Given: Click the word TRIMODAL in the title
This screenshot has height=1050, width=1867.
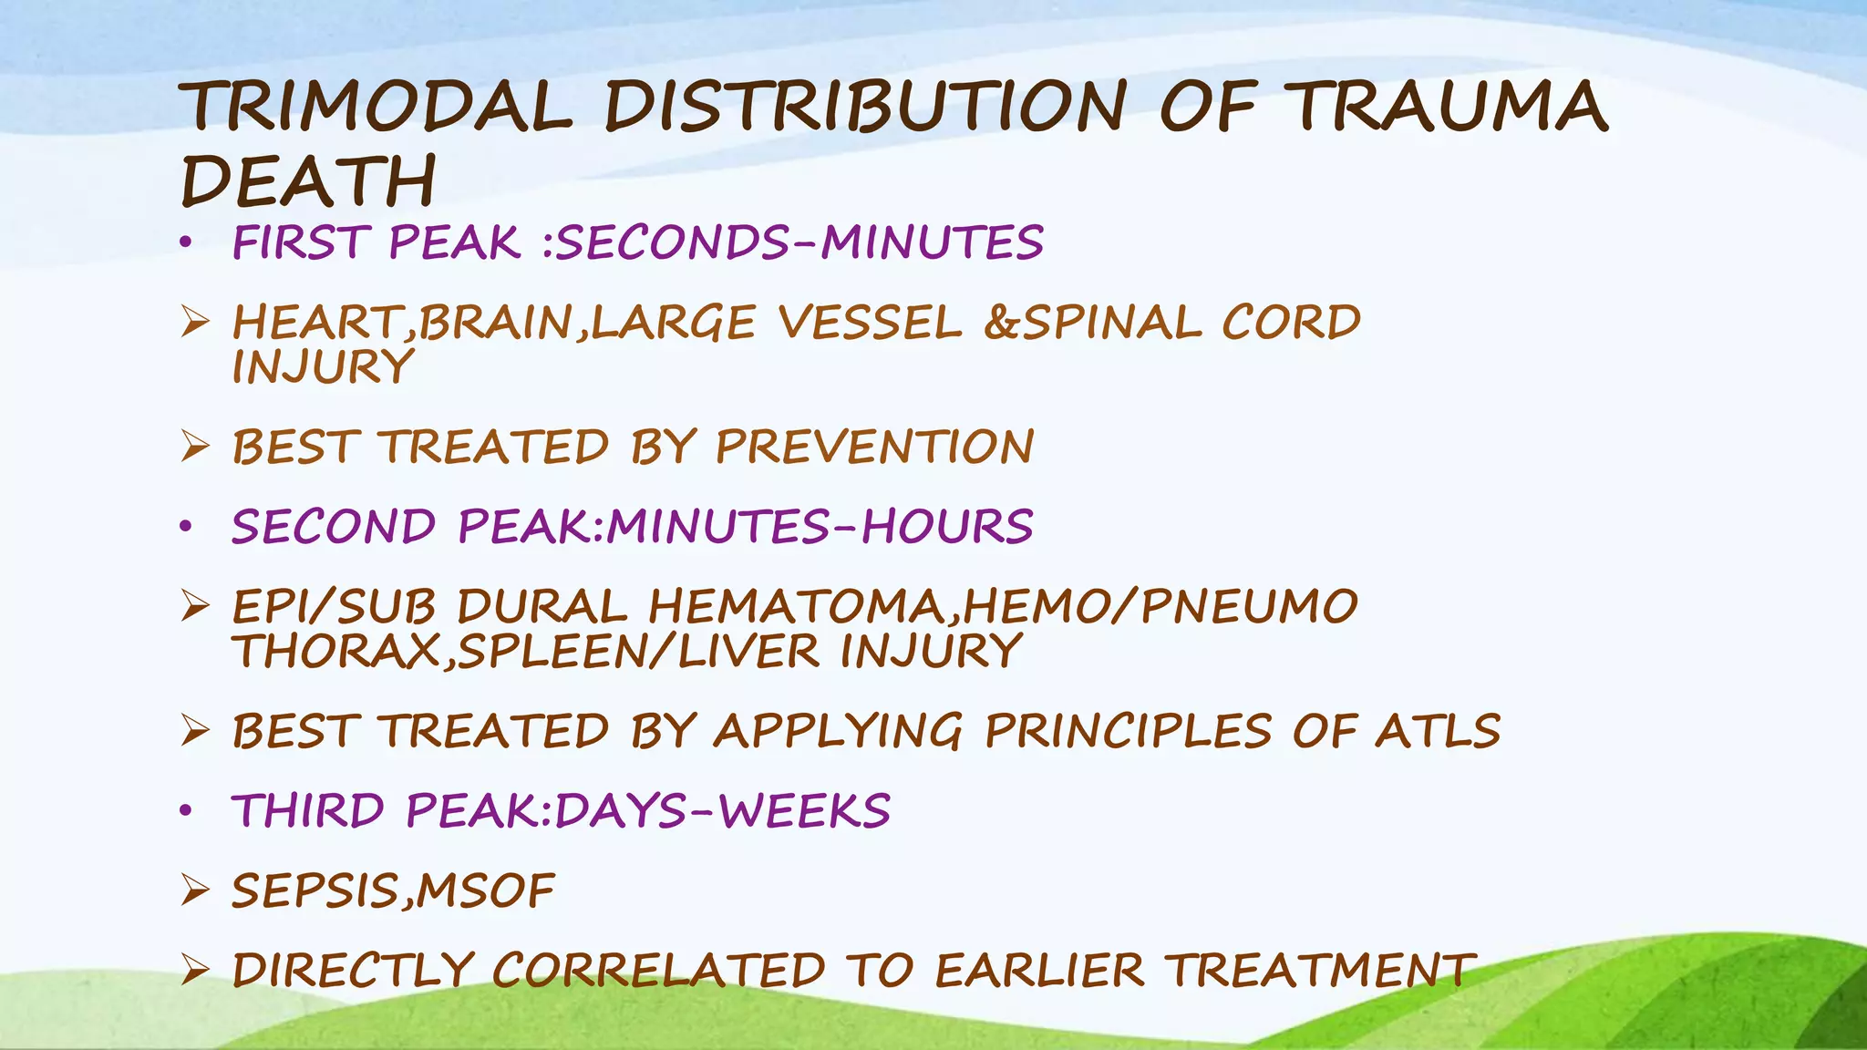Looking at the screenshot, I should (x=376, y=108).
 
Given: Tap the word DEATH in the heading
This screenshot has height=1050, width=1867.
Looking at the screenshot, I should (x=309, y=180).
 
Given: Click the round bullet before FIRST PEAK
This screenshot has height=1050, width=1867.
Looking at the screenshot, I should (x=186, y=242).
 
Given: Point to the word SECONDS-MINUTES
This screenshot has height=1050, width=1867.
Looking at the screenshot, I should (x=799, y=242).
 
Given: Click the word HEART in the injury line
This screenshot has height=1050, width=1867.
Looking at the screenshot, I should (x=315, y=323).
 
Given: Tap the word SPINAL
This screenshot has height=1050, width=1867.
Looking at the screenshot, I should (x=1111, y=323).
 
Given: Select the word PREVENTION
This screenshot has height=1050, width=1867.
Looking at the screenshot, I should (x=874, y=447).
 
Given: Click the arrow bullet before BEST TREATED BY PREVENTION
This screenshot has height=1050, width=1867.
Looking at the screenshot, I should (x=195, y=447).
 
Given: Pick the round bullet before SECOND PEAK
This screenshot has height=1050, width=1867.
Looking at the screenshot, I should (x=186, y=527).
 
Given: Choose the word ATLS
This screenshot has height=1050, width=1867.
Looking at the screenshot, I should (x=1438, y=731).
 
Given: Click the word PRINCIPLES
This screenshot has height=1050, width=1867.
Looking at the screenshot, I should (x=1128, y=731).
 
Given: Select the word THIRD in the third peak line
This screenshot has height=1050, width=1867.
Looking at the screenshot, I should (x=309, y=811).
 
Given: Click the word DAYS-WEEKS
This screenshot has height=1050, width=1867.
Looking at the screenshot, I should (x=722, y=811).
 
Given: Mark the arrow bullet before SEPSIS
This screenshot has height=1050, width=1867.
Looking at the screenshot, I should (x=195, y=890).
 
